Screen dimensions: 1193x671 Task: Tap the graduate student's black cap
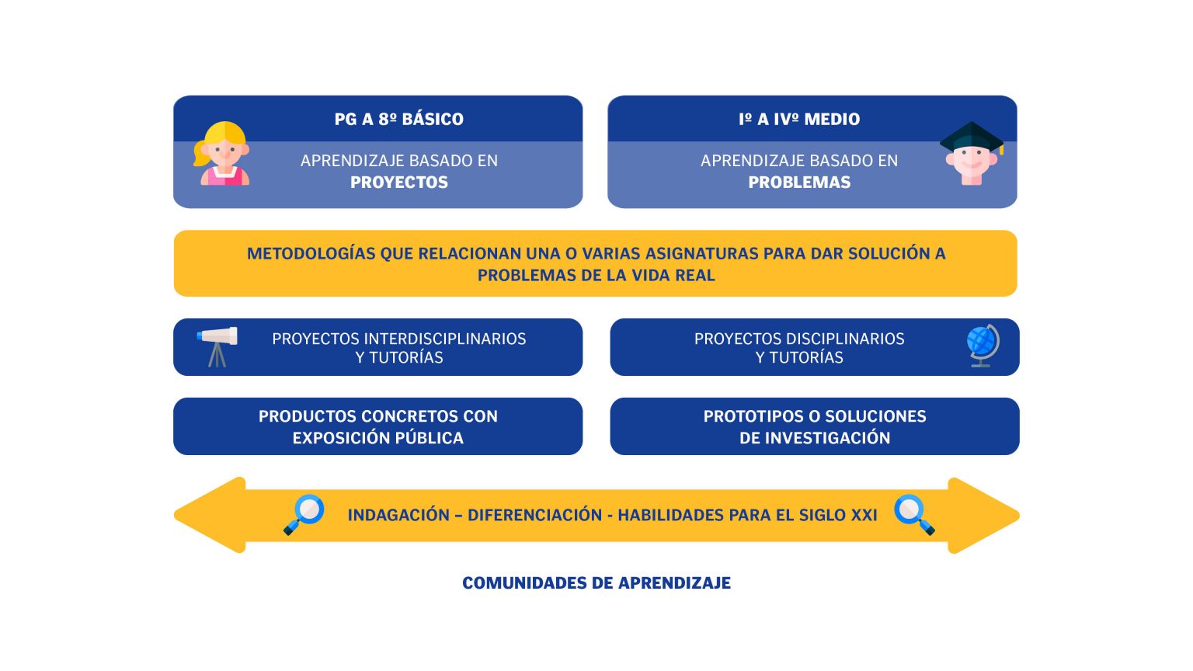[x=972, y=137]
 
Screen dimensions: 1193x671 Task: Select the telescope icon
[x=217, y=346]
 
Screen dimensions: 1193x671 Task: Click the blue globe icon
[x=983, y=345]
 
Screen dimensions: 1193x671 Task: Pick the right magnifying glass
[x=914, y=514]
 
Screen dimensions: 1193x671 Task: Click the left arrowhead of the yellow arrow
[x=210, y=515]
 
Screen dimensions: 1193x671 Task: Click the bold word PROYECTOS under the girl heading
[x=399, y=183]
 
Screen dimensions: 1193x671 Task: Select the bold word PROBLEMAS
[x=799, y=183]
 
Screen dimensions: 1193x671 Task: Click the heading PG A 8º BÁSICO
[x=399, y=119]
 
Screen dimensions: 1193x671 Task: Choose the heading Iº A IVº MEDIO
[x=799, y=119]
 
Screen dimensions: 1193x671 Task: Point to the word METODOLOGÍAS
[x=311, y=253]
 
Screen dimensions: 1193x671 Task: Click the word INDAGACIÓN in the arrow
[x=398, y=515]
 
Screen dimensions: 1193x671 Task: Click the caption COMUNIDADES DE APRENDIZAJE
[x=596, y=583]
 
